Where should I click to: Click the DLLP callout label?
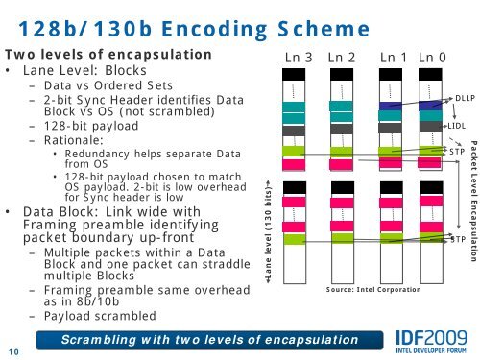466,98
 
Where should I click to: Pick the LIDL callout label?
457,126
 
